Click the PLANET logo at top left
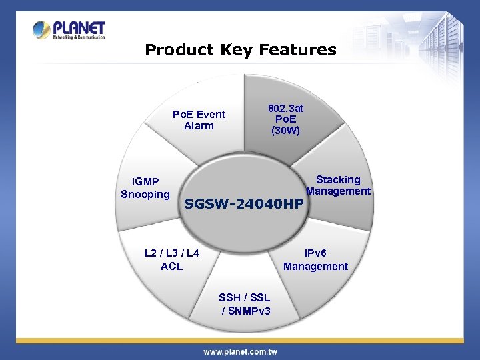coord(69,30)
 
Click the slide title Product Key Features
coord(241,50)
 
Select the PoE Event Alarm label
coord(199,120)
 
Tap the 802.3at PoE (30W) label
coord(285,119)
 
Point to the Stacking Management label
coord(338,185)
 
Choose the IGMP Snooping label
coord(145,188)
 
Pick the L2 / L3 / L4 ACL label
coord(172,259)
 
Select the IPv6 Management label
coord(315,259)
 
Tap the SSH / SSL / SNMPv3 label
coord(245,304)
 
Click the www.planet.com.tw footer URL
coord(240,351)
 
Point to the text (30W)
coord(285,131)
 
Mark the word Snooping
coord(145,195)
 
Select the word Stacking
coord(338,179)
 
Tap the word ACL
coord(172,266)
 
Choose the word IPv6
coord(316,253)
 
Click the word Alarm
coord(199,125)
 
